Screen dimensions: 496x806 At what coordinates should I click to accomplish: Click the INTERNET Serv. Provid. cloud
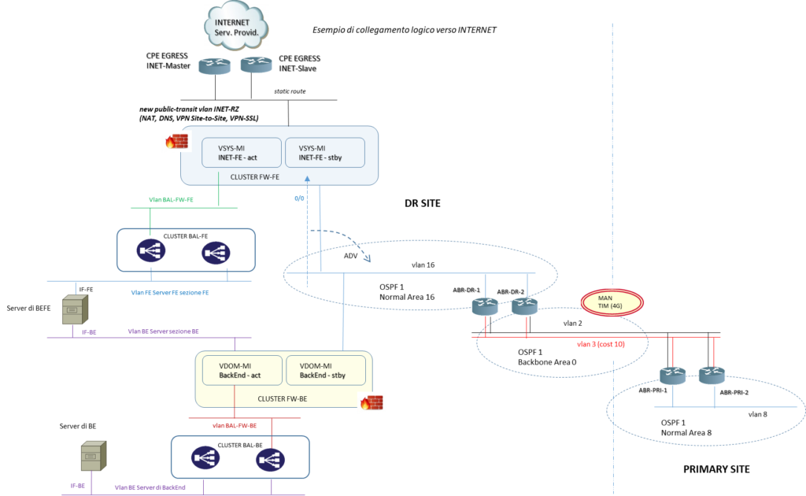[236, 26]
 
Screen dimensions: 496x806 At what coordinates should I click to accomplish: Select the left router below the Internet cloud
[214, 65]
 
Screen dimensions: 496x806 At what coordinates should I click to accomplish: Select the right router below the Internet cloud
[256, 64]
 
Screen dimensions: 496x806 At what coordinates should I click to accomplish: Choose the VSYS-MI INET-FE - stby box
[324, 153]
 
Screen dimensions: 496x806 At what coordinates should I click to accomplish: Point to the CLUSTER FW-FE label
[254, 177]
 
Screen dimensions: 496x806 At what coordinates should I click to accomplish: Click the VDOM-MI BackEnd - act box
[239, 370]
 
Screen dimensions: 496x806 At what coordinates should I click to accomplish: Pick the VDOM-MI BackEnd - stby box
[326, 370]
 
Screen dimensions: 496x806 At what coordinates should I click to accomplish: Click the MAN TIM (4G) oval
[612, 302]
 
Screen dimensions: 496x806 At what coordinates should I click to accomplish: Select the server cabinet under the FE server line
[75, 310]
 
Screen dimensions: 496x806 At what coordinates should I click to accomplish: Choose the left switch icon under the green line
[150, 251]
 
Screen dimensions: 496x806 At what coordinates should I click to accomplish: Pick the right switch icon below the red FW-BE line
[268, 458]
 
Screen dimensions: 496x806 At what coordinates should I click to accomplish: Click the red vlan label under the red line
[601, 344]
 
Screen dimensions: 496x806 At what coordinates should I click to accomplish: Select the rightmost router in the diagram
[712, 376]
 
